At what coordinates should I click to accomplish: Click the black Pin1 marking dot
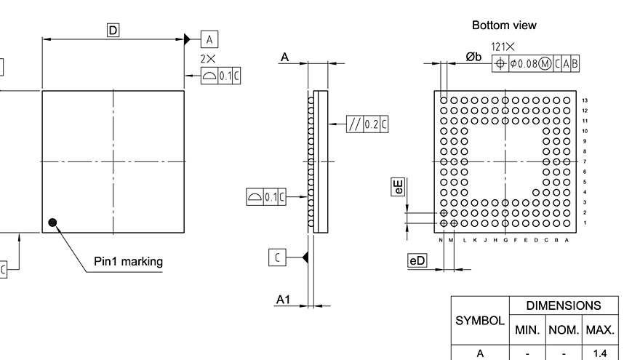52,222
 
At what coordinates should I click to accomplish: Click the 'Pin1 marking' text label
128,261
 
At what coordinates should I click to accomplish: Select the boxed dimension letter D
113,30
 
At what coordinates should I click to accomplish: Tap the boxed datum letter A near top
209,39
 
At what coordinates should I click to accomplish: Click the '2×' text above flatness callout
208,58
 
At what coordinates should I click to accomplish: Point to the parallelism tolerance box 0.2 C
367,124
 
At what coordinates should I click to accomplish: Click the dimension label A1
284,299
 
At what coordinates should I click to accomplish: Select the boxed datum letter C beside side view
277,257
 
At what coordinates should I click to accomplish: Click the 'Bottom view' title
504,25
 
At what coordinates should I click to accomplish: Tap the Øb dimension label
473,57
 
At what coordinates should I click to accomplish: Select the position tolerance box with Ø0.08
536,63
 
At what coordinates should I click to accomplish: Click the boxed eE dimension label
398,188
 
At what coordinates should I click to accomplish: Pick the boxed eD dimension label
417,260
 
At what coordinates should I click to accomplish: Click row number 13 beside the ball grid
584,100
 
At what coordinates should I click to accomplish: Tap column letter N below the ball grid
441,240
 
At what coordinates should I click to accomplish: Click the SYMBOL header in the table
480,320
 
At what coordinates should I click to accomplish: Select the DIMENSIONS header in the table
564,305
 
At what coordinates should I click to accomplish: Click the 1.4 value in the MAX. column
601,353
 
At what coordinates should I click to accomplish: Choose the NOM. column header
564,329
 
